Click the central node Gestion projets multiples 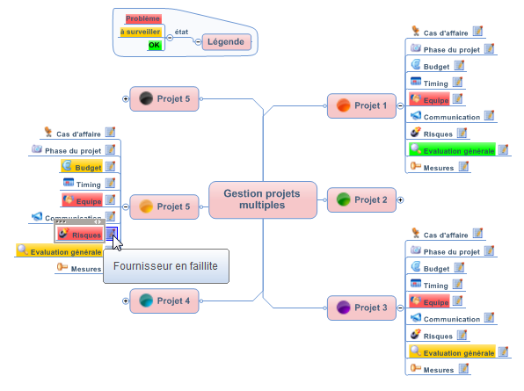coord(263,199)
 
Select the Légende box coord(227,42)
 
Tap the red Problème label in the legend coord(143,18)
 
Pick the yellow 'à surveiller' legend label coord(141,32)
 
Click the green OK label coord(155,45)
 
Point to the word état coord(181,32)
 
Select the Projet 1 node coord(361,105)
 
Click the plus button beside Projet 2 coord(400,200)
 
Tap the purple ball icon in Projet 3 coord(343,308)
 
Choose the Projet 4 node coord(164,300)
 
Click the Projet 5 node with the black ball coord(164,98)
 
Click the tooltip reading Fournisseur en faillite coord(166,266)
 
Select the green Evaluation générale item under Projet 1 coord(452,149)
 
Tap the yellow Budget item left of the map coord(82,166)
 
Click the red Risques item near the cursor coord(79,234)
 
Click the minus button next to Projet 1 coord(400,105)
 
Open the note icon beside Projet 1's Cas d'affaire coord(478,31)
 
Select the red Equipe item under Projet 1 coord(429,98)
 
